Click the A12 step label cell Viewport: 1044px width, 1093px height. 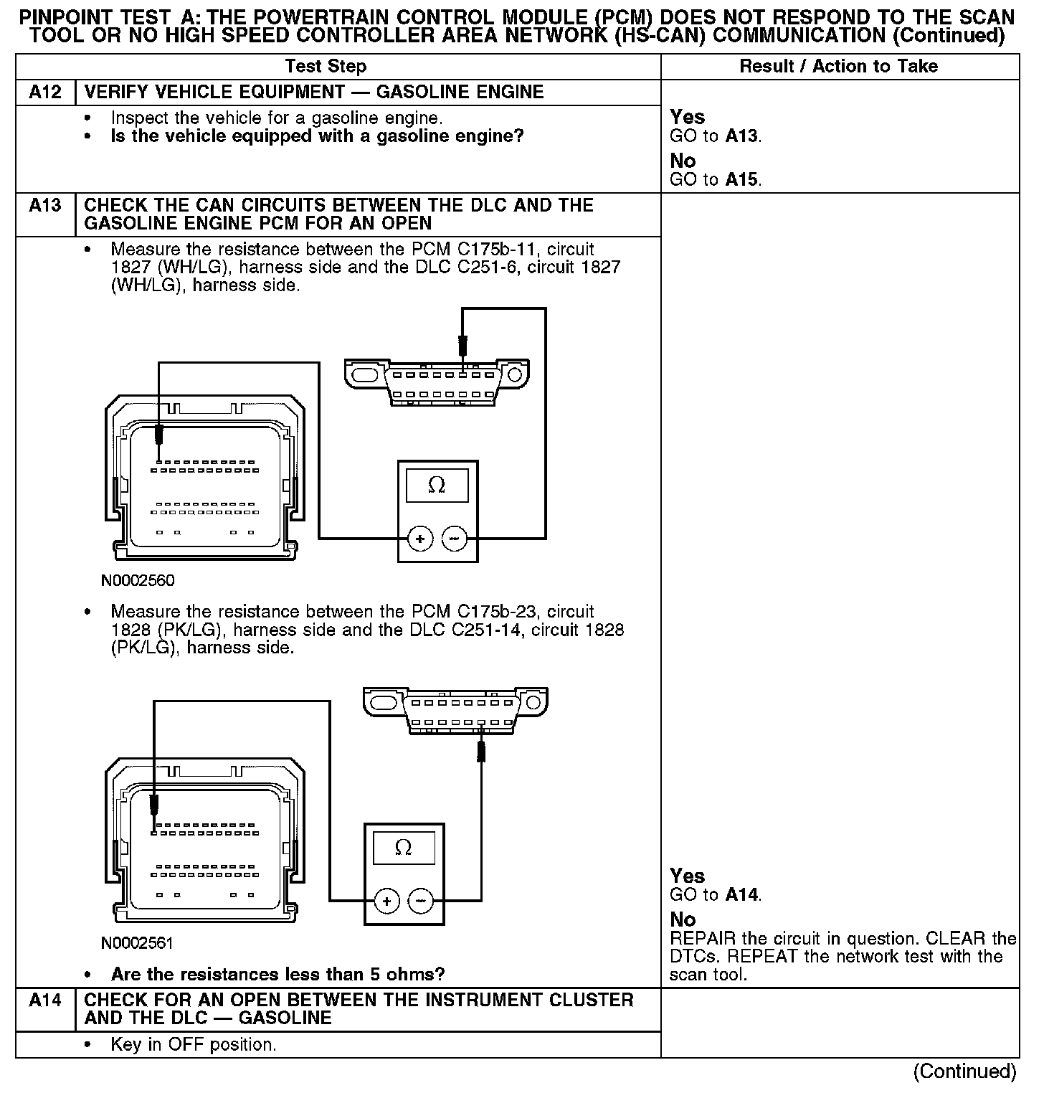click(45, 93)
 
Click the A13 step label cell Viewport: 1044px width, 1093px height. click(45, 206)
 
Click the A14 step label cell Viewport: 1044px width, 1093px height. click(45, 1000)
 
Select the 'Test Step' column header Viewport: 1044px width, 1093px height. click(326, 67)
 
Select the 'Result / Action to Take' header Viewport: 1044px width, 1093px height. click(838, 67)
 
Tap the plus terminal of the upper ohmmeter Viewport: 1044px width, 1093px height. click(420, 539)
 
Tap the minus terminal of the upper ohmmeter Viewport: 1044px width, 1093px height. click(454, 539)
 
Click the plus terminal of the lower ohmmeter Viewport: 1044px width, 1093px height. click(387, 901)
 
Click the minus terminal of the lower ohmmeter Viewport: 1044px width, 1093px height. click(421, 901)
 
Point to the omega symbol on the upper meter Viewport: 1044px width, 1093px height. click(437, 486)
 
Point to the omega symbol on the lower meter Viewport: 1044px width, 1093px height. click(404, 848)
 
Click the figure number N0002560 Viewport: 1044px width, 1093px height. click(138, 580)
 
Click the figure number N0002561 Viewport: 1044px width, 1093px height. click(138, 942)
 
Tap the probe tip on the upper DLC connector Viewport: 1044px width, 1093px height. click(463, 348)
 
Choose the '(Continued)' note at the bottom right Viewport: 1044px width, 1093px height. click(964, 1071)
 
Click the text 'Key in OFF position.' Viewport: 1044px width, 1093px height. click(194, 1044)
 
